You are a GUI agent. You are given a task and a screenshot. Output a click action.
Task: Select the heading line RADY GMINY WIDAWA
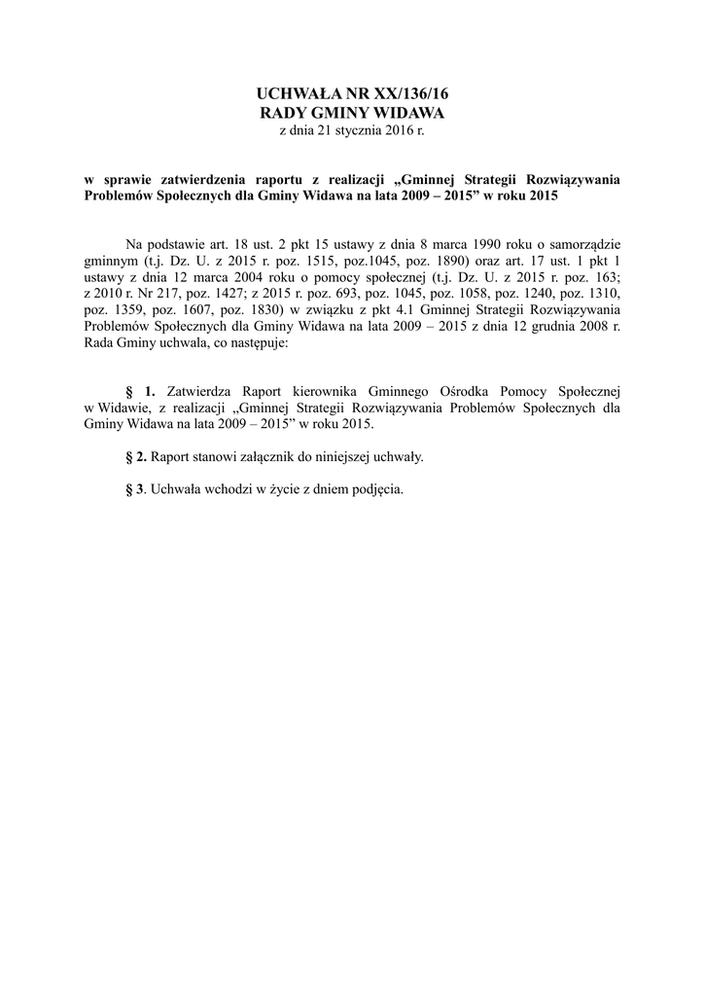coord(352,113)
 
